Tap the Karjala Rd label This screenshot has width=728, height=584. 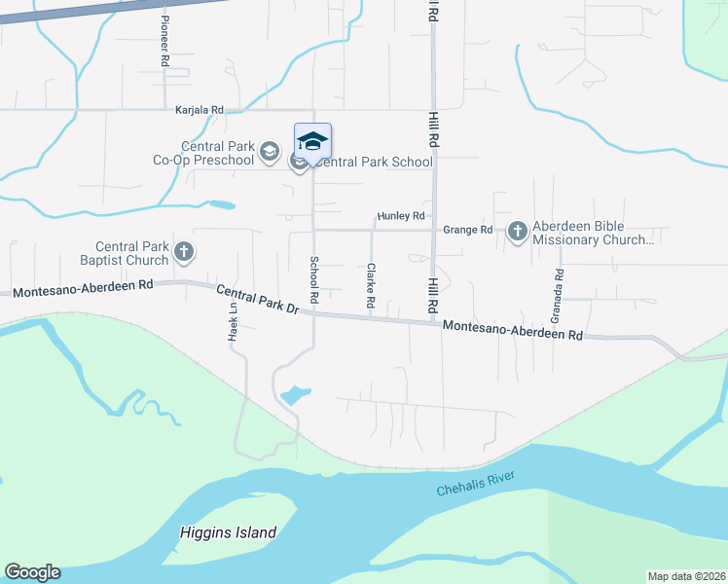[200, 110]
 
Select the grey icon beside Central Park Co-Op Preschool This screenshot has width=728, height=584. [270, 152]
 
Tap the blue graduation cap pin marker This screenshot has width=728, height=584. [312, 142]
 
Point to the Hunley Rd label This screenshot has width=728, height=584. [401, 216]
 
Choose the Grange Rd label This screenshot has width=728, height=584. [468, 231]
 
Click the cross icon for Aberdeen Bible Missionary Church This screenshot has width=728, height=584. [517, 231]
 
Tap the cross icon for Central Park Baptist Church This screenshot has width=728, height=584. [182, 253]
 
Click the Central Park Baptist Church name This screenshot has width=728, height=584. [132, 253]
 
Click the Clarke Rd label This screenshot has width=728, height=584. [371, 286]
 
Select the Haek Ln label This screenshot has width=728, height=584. [234, 320]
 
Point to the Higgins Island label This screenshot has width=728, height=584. [229, 532]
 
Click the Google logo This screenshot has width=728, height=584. [32, 572]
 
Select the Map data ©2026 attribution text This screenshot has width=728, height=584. [685, 576]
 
